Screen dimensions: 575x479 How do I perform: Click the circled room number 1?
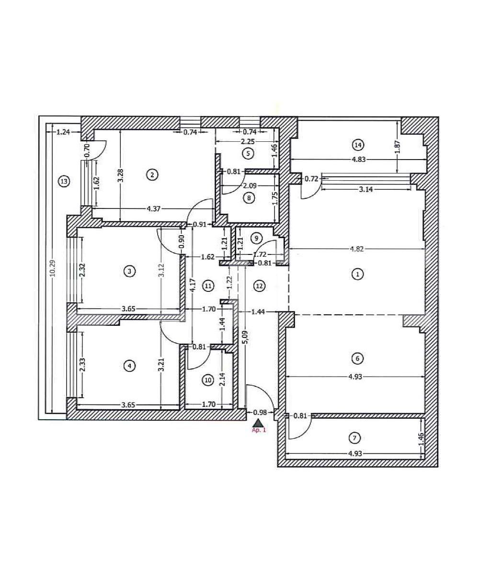(x=357, y=274)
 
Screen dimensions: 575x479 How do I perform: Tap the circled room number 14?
(x=357, y=144)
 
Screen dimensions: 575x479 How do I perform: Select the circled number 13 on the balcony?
(x=63, y=181)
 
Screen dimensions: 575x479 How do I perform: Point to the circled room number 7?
(x=354, y=437)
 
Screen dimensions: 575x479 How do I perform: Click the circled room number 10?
(x=207, y=380)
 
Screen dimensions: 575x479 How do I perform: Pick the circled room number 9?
(x=257, y=238)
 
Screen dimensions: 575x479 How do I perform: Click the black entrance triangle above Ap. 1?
(x=259, y=423)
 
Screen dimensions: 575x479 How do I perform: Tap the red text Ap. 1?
(x=259, y=430)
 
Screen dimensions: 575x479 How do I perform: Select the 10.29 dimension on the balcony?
(x=53, y=268)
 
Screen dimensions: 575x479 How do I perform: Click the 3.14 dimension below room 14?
(x=366, y=189)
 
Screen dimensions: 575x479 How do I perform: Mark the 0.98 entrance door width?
(x=260, y=412)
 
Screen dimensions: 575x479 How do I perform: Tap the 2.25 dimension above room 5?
(x=248, y=141)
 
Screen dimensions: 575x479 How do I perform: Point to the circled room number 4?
(x=129, y=366)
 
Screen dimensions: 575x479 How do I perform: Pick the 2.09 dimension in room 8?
(x=250, y=186)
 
